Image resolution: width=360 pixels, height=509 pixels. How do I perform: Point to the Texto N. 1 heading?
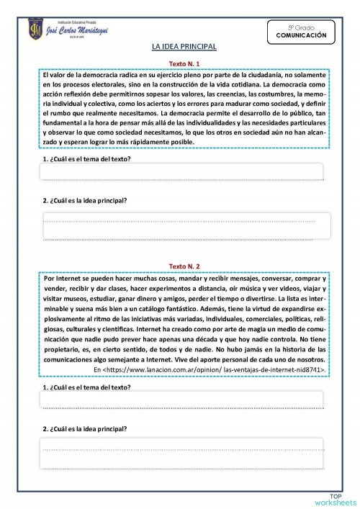tap(184, 63)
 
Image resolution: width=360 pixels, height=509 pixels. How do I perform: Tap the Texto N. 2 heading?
tap(184, 265)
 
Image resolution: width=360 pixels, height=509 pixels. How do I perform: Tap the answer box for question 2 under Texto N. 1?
tap(186, 225)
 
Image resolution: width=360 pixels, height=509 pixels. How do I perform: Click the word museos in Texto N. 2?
tap(80, 297)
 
